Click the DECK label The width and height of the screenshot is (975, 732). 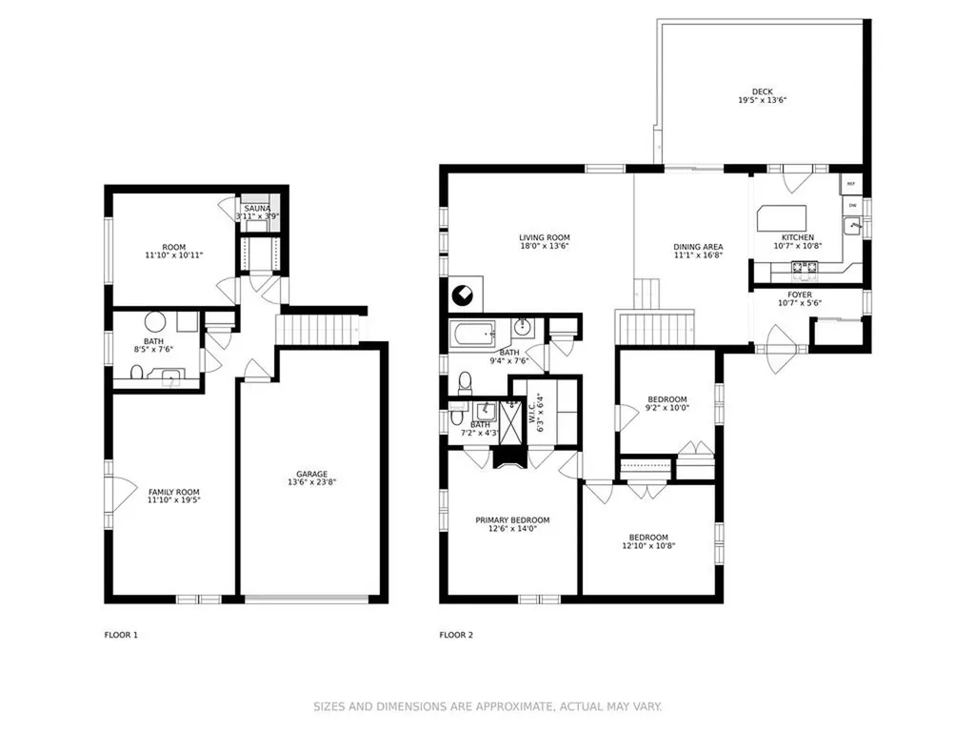tap(762, 91)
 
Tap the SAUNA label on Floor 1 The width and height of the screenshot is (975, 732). tap(257, 209)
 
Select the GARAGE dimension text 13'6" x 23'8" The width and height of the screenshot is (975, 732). tap(311, 481)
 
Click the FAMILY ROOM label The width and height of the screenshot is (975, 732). tap(173, 492)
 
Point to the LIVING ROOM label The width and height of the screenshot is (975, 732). tap(544, 237)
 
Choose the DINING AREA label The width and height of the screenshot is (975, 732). tap(698, 247)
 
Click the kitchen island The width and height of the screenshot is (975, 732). tap(782, 218)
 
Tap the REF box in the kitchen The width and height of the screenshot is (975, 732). tap(851, 184)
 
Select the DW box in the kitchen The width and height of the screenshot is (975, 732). tap(852, 205)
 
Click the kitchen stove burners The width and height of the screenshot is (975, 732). tap(804, 267)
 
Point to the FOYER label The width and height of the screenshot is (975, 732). tap(799, 295)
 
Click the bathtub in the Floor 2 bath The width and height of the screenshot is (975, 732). tap(472, 335)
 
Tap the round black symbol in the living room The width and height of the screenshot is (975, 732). tap(463, 295)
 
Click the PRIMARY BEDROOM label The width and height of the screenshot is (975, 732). tap(512, 520)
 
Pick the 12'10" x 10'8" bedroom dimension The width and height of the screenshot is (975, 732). tap(648, 546)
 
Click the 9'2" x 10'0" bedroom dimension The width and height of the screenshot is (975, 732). tap(667, 408)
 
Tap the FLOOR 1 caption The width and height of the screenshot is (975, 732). tap(121, 635)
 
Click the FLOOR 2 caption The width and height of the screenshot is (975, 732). tap(456, 635)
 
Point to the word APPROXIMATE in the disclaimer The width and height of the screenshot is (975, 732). tap(514, 706)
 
